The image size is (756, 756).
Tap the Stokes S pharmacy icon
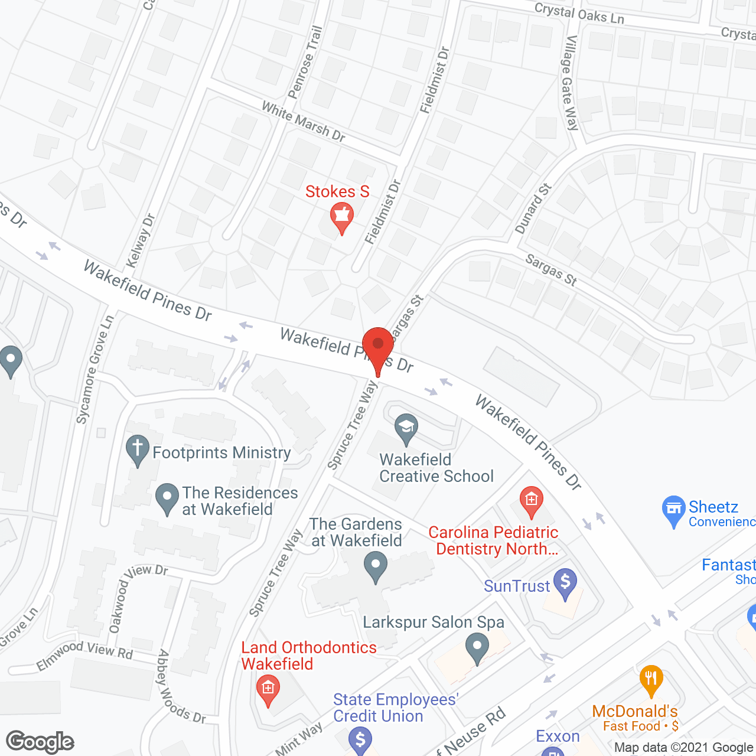click(341, 216)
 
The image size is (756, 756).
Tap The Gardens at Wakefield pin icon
click(376, 565)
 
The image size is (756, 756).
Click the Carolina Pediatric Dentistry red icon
click(532, 500)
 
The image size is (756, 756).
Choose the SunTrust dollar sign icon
click(565, 582)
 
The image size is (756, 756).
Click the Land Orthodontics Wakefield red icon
click(268, 689)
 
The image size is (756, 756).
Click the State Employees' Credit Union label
click(395, 708)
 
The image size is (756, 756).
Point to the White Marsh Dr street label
click(303, 122)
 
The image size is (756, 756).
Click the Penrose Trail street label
click(305, 63)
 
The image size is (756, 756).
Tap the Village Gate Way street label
click(570, 83)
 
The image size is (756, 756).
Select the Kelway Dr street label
click(141, 240)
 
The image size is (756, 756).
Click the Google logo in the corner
click(40, 742)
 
